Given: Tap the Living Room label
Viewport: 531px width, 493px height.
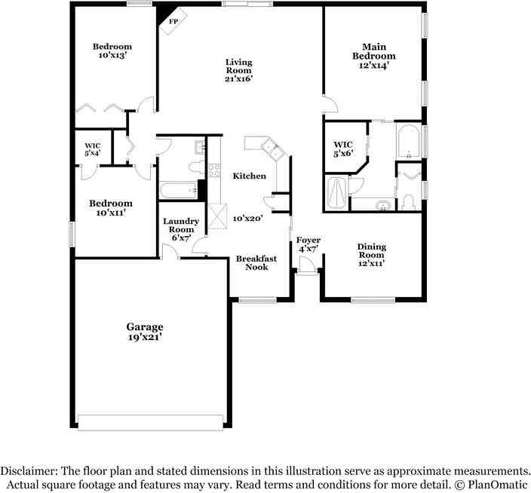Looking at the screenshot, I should pyautogui.click(x=238, y=70).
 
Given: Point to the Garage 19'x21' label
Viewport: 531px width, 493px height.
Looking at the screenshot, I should pyautogui.click(x=144, y=332).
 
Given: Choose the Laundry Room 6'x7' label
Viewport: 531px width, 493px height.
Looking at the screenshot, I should pyautogui.click(x=181, y=229).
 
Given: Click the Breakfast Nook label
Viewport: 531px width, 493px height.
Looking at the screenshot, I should pyautogui.click(x=256, y=262).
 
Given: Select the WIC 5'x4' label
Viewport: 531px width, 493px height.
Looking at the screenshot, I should pyautogui.click(x=92, y=149).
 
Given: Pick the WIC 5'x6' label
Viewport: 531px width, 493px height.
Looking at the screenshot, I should pyautogui.click(x=343, y=149).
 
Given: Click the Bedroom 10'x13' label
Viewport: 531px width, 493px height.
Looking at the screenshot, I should pyautogui.click(x=112, y=51).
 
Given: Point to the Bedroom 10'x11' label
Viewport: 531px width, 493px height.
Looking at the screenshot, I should pyautogui.click(x=111, y=208).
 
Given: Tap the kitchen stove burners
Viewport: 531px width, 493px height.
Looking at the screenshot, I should pyautogui.click(x=213, y=170).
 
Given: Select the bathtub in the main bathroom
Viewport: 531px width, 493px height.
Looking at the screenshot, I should pyautogui.click(x=409, y=142).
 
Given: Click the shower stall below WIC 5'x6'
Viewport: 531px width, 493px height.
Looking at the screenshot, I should pyautogui.click(x=336, y=193).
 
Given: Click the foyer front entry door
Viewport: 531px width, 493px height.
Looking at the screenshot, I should pyautogui.click(x=307, y=265).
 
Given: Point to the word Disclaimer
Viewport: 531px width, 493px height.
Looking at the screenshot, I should pyautogui.click(x=27, y=469).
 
